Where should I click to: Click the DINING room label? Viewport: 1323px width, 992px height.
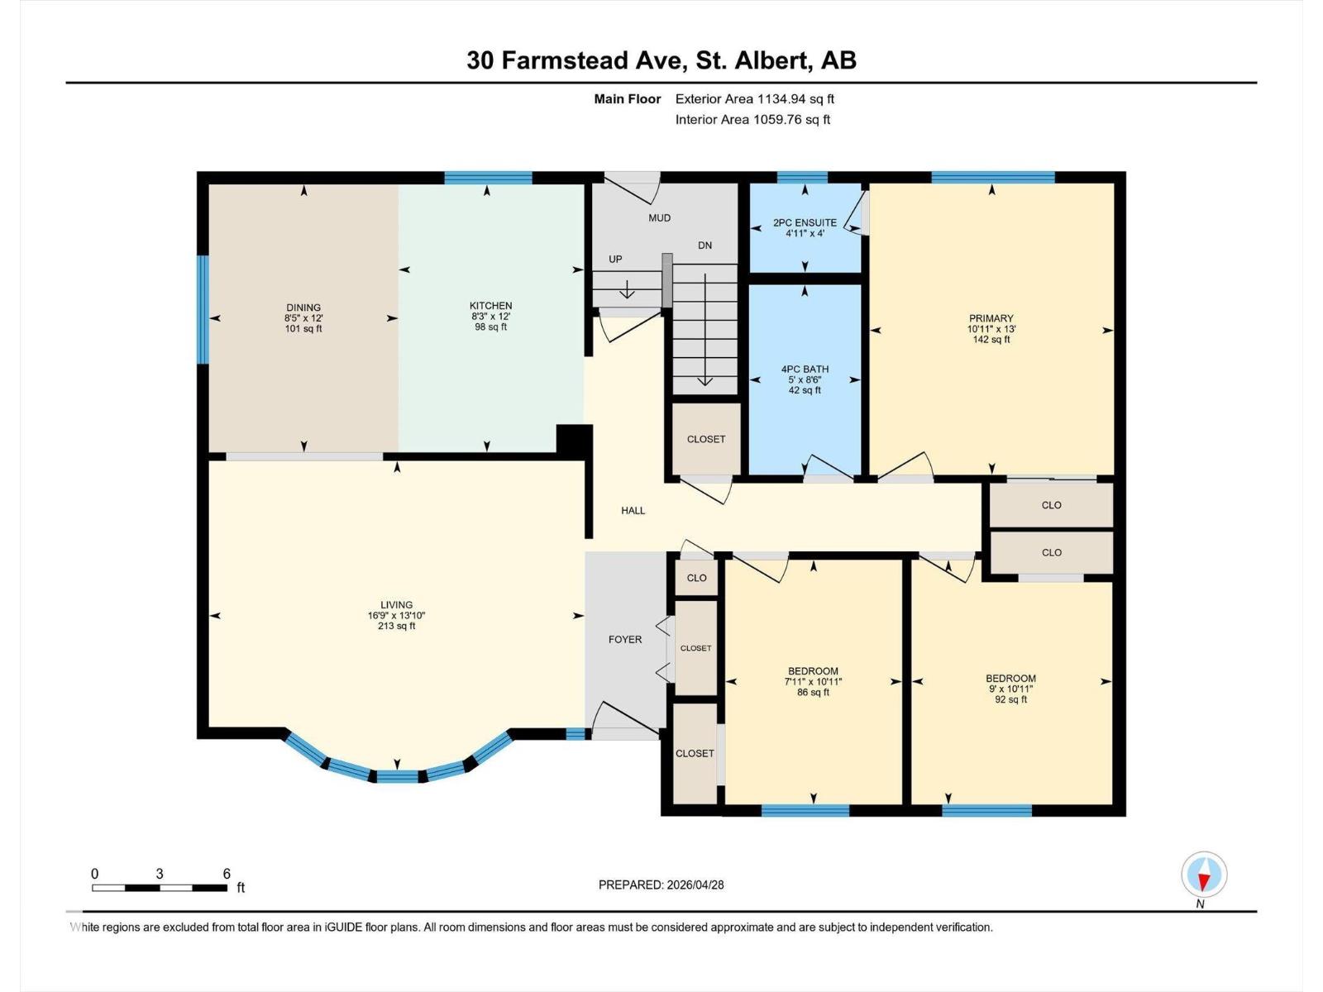(x=303, y=308)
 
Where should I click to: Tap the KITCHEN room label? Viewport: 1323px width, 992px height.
(x=491, y=306)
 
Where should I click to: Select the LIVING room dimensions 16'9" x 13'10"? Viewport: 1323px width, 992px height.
(x=397, y=616)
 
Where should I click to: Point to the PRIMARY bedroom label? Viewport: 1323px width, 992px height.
(x=991, y=318)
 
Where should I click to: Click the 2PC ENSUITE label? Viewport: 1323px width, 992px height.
(x=805, y=222)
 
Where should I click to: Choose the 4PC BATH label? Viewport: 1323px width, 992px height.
(x=805, y=370)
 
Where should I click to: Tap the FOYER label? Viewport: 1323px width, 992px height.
(x=625, y=639)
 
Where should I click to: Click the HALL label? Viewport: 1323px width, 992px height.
(x=633, y=511)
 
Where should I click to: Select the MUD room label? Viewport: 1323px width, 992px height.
(x=659, y=218)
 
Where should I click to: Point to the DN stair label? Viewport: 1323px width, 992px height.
(x=704, y=246)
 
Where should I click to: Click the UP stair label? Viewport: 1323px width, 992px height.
(x=615, y=260)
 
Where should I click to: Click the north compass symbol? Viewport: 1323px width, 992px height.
(x=1204, y=875)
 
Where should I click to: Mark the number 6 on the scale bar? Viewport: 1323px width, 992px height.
(x=227, y=874)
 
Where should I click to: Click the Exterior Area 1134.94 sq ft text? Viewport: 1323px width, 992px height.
(x=754, y=99)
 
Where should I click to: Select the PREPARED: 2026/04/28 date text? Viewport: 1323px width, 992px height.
(x=661, y=885)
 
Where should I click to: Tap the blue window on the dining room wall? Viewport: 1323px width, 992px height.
(x=202, y=309)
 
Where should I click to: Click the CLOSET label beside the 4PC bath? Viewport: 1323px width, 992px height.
(x=706, y=439)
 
